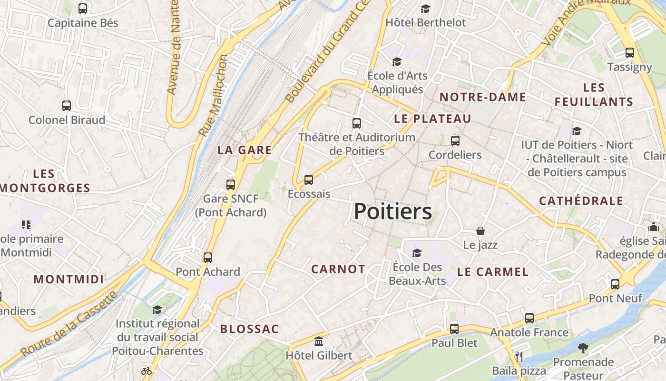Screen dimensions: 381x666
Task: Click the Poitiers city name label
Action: [393, 211]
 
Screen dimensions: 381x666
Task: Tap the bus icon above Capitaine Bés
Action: [83, 9]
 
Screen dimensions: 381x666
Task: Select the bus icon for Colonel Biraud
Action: [67, 106]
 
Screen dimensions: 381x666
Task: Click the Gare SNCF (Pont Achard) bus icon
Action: [231, 184]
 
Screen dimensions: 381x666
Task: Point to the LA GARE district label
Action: [245, 150]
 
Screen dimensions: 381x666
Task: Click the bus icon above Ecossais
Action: [309, 180]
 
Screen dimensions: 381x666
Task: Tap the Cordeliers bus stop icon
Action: [455, 141]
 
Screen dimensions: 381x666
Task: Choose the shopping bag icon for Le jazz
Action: [480, 231]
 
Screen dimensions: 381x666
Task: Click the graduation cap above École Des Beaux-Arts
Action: [417, 253]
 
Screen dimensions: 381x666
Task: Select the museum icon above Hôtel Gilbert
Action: [319, 341]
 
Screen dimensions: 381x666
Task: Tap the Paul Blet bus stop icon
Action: [454, 329]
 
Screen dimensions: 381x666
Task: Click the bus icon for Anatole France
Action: [529, 318]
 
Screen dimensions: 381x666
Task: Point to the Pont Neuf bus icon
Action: [615, 284]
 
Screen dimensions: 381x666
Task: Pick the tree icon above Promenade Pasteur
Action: [583, 348]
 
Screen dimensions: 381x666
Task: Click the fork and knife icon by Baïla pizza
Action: [519, 356]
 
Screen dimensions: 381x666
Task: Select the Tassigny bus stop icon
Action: [630, 53]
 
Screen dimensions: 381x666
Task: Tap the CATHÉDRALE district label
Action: [581, 201]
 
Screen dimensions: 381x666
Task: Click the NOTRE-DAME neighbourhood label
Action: [482, 97]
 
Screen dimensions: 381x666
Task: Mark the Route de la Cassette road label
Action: [69, 324]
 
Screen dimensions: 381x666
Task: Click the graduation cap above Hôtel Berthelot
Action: [425, 9]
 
